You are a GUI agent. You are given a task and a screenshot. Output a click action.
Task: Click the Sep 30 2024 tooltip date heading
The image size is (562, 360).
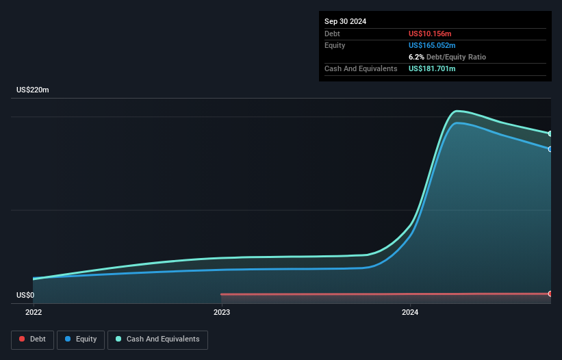click(x=345, y=21)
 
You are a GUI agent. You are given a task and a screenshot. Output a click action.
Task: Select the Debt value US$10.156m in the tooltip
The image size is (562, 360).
click(x=430, y=34)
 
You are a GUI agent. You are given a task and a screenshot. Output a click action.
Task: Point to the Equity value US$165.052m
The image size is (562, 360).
click(x=433, y=45)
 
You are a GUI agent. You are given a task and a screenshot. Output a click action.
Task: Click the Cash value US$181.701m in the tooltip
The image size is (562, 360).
click(x=432, y=68)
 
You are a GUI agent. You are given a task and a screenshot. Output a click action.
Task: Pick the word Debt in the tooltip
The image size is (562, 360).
click(x=332, y=34)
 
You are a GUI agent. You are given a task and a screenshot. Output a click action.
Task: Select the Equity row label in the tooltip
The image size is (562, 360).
click(x=335, y=45)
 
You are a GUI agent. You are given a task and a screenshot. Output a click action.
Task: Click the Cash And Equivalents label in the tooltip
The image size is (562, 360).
click(x=361, y=68)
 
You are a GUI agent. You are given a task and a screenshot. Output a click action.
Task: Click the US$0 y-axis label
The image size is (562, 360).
click(x=25, y=296)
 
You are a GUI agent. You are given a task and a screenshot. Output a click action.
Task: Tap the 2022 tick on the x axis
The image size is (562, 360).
click(x=33, y=312)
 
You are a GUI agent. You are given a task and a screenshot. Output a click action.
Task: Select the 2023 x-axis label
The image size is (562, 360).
click(x=222, y=312)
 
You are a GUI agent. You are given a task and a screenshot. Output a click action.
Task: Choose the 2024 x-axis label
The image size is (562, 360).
click(x=410, y=312)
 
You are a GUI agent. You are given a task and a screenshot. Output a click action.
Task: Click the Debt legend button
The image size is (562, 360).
click(x=32, y=339)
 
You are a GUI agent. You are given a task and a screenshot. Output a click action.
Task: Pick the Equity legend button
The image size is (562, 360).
click(x=81, y=339)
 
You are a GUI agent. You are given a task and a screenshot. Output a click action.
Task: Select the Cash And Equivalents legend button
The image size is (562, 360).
click(x=157, y=339)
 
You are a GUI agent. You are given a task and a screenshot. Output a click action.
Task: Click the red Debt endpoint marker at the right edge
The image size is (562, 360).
click(x=550, y=294)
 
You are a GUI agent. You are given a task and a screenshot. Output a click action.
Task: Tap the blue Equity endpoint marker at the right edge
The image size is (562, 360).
click(x=550, y=149)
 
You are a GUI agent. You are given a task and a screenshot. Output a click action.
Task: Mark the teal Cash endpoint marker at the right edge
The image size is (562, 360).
click(x=550, y=133)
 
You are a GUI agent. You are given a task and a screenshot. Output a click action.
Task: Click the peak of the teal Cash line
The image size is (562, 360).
click(x=457, y=111)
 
